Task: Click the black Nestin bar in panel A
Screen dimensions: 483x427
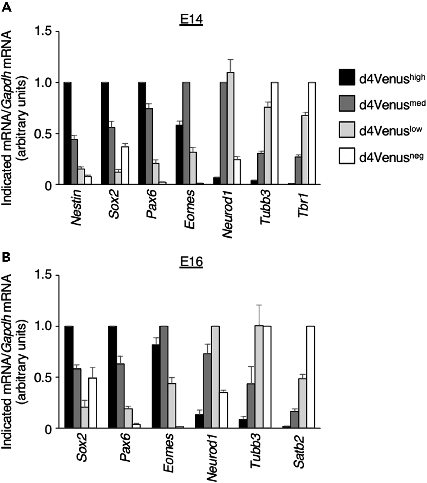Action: click(67, 133)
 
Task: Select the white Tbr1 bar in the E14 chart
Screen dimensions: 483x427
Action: click(312, 133)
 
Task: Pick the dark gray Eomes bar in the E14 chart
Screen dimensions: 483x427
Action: click(186, 133)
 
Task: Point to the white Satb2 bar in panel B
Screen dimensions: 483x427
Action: click(310, 377)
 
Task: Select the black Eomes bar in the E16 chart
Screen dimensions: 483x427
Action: click(156, 386)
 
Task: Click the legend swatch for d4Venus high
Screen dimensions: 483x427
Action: click(347, 77)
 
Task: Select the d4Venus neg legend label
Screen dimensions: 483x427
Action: click(391, 157)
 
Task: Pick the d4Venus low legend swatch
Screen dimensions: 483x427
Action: click(347, 130)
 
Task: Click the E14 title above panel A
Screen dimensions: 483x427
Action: click(191, 20)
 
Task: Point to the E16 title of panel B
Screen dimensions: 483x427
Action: click(191, 262)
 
